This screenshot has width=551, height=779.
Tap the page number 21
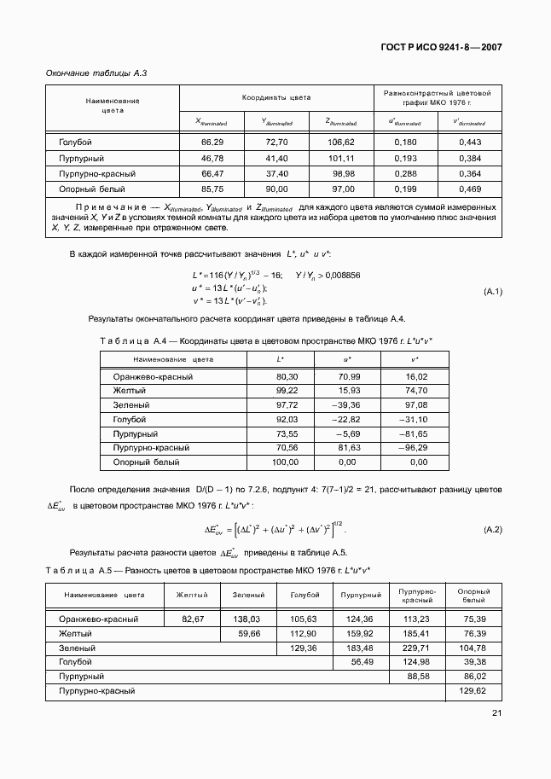[496, 714]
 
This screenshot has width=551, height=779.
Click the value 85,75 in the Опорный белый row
[212, 189]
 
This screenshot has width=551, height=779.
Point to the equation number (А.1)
[492, 293]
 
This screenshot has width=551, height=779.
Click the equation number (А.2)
[492, 530]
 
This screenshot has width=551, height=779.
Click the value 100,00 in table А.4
[285, 462]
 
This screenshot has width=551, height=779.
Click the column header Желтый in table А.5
[191, 595]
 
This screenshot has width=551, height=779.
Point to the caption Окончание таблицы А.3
[96, 73]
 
